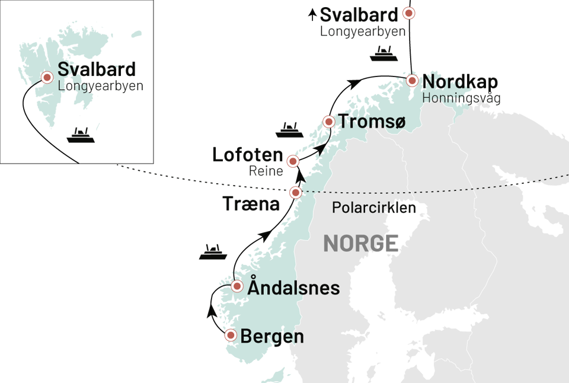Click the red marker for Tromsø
point(328,122)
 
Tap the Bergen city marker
point(231,335)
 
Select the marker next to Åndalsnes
point(236,286)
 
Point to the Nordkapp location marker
point(413,81)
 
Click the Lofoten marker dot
point(292,161)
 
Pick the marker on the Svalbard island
point(46,77)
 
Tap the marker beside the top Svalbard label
point(408,12)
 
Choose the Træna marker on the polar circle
point(295,192)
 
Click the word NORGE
point(361,243)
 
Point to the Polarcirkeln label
point(373,208)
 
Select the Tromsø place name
point(372,122)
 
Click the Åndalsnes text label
point(293,288)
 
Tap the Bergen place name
point(272,337)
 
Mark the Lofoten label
point(248,155)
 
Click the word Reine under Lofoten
point(266,172)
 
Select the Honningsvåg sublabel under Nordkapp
point(461,97)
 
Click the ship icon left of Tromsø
point(289,130)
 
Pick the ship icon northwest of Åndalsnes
point(213,253)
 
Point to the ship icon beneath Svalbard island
point(81,136)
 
